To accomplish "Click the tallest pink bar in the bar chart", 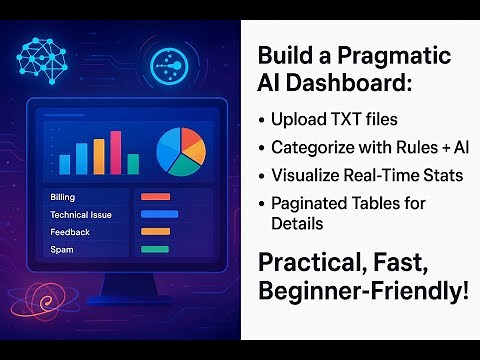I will pos(116,153).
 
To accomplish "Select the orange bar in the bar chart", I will pos(99,158).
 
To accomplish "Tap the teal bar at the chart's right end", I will pos(132,164).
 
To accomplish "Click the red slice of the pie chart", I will pos(192,139).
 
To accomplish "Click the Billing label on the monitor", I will pos(62,197).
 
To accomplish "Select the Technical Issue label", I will pos(80,214).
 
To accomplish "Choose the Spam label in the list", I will pos(61,248).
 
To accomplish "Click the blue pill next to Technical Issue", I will pos(159,214).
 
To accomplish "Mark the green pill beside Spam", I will pos(155,248).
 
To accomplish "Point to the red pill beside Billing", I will pos(156,197).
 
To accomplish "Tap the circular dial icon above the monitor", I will pos(170,66).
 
